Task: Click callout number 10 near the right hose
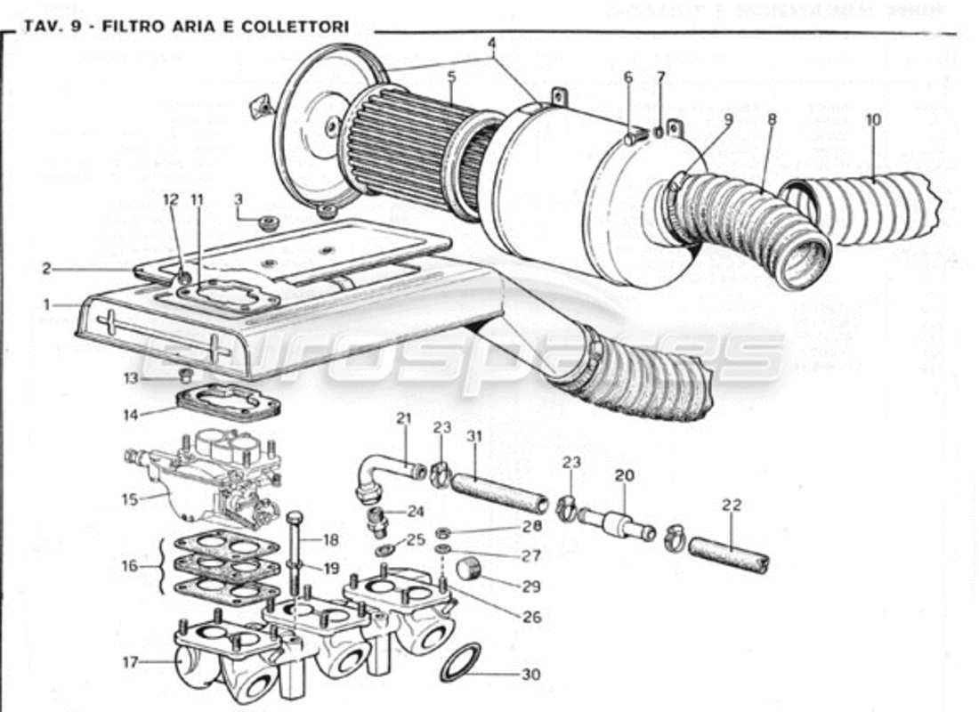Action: click(871, 119)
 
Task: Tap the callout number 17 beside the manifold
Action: click(130, 661)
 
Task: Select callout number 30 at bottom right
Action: click(530, 675)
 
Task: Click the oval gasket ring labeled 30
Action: click(460, 663)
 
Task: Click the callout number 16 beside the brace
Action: click(130, 566)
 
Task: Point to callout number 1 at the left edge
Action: click(46, 304)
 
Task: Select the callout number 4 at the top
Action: click(491, 42)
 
